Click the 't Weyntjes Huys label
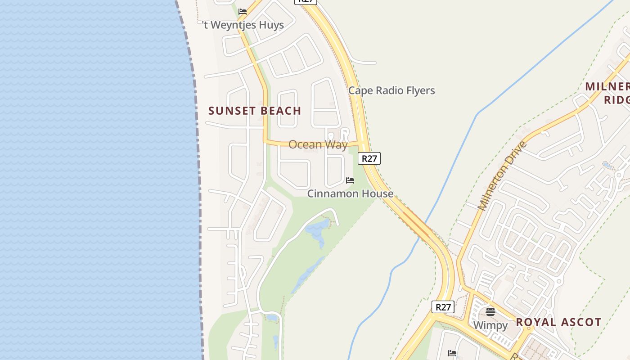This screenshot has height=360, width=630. [x=243, y=25]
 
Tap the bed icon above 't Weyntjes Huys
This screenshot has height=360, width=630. [x=243, y=11]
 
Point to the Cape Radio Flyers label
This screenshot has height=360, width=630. [x=391, y=90]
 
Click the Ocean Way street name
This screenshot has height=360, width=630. [x=318, y=144]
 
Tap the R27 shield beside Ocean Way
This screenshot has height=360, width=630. [x=369, y=158]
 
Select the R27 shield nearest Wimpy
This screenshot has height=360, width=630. [x=443, y=307]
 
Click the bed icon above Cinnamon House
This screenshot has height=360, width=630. [x=350, y=180]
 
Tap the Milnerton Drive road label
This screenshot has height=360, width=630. [x=502, y=176]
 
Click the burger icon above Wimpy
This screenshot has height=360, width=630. [x=490, y=311]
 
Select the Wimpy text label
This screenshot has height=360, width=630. [x=490, y=325]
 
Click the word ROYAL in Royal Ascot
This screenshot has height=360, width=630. [x=534, y=322]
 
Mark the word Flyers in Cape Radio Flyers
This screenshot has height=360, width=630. [x=420, y=90]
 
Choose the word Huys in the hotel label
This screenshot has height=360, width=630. [x=271, y=25]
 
